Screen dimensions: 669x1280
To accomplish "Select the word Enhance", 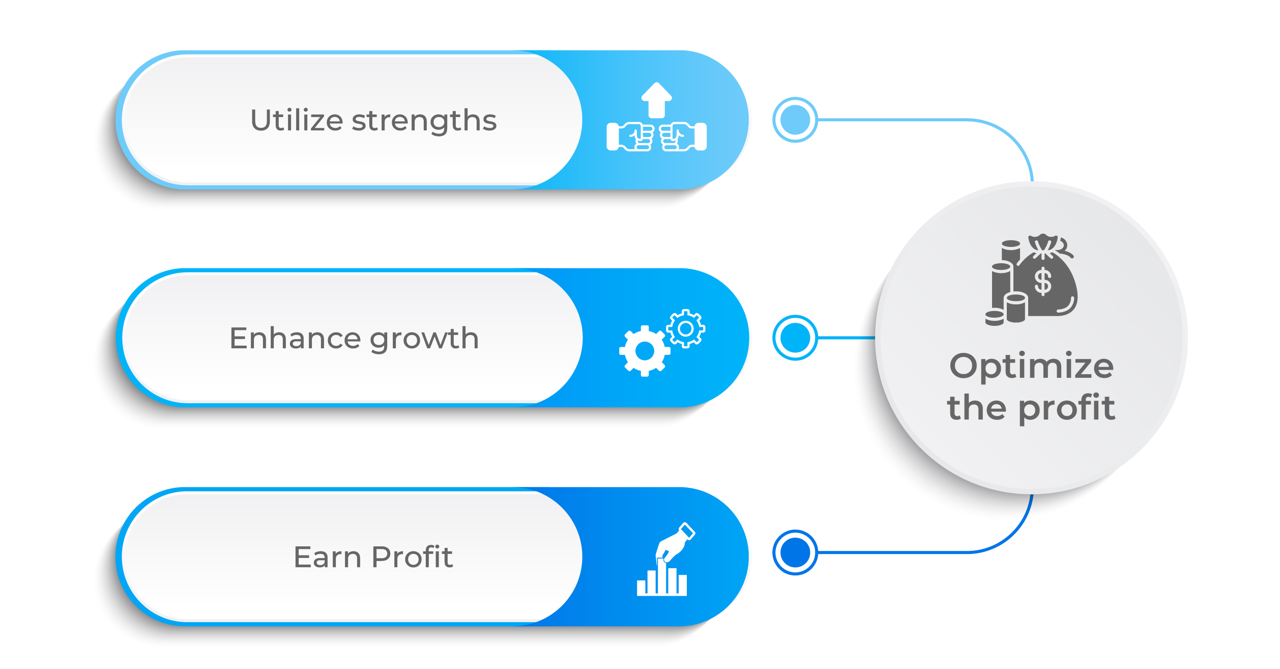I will (x=296, y=339).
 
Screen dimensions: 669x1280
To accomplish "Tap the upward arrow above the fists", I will (x=656, y=99).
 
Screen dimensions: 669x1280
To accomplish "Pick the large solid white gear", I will (x=645, y=351).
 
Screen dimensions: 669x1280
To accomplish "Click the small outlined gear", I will (x=685, y=328).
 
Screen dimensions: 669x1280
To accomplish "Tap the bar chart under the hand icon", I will (x=661, y=580).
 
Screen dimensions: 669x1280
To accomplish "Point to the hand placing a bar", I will (x=675, y=542).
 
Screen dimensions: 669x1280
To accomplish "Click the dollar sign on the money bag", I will (x=1043, y=282).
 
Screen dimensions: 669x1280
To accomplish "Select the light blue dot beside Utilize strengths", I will (x=795, y=120).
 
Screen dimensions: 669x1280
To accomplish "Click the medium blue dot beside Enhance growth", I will (x=795, y=338).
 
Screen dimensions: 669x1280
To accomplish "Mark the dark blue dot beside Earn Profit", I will (x=795, y=552).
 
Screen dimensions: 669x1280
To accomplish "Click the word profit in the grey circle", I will (x=1067, y=409).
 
